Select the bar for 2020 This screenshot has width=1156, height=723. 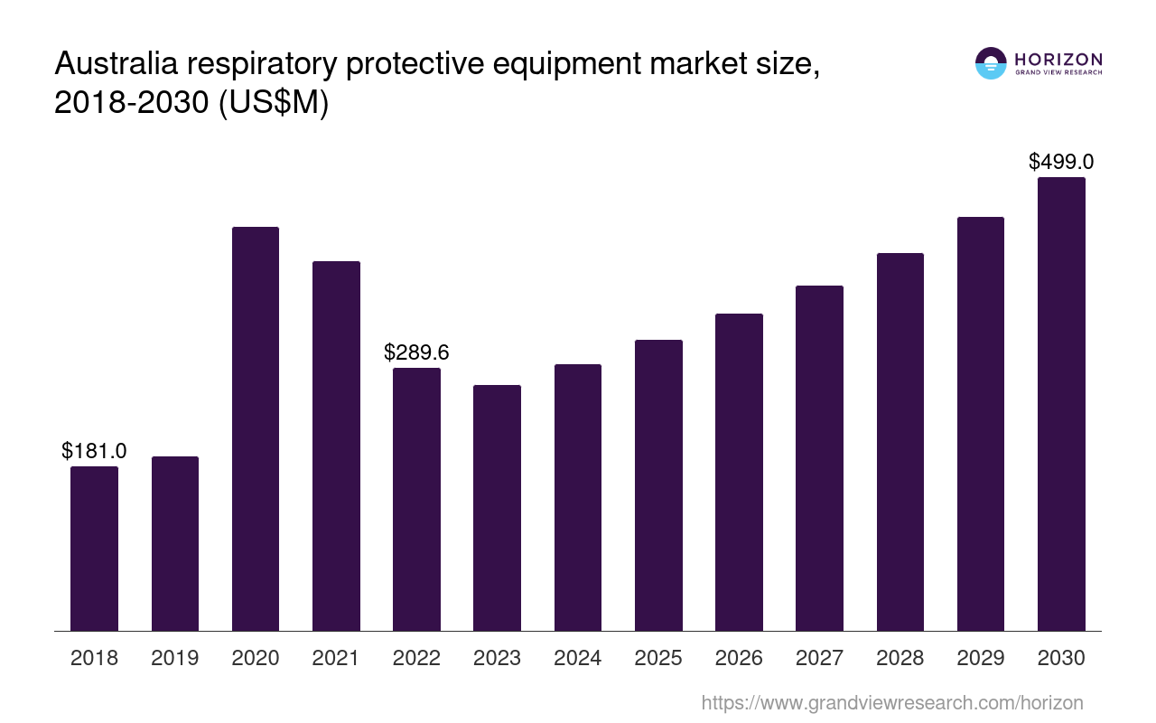pyautogui.click(x=256, y=429)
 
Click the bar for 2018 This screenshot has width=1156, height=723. pyautogui.click(x=94, y=549)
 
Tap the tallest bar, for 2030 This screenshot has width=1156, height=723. pyautogui.click(x=1061, y=404)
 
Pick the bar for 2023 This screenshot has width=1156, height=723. pyautogui.click(x=497, y=508)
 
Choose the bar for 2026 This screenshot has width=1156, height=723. pyautogui.click(x=739, y=472)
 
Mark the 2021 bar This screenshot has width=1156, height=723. pyautogui.click(x=336, y=446)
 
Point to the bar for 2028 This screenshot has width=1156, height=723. pyautogui.click(x=900, y=442)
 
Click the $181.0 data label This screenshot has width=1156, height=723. pyautogui.click(x=94, y=451)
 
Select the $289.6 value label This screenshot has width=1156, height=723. pyautogui.click(x=416, y=352)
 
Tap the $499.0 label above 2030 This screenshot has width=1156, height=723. pyautogui.click(x=1061, y=162)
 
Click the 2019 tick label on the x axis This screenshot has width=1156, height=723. pyautogui.click(x=175, y=658)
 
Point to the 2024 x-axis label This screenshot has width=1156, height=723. pyautogui.click(x=578, y=658)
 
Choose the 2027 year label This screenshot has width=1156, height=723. pyautogui.click(x=819, y=658)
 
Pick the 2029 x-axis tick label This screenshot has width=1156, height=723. pyautogui.click(x=981, y=658)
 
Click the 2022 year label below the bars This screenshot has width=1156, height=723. pyautogui.click(x=416, y=658)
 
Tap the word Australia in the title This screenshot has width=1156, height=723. pyautogui.click(x=113, y=65)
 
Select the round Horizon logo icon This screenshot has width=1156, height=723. pyautogui.click(x=991, y=63)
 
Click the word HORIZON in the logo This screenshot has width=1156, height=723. pyautogui.click(x=1058, y=59)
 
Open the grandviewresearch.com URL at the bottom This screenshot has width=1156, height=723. pyautogui.click(x=891, y=702)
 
